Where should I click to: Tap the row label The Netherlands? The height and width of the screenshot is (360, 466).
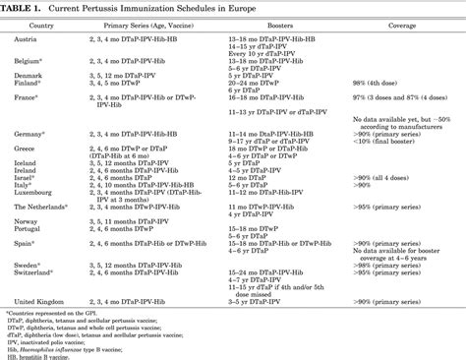pyautogui.click(x=41, y=205)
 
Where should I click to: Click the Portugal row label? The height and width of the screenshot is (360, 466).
pyautogui.click(x=29, y=227)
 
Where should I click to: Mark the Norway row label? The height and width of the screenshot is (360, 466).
pyautogui.click(x=28, y=219)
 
